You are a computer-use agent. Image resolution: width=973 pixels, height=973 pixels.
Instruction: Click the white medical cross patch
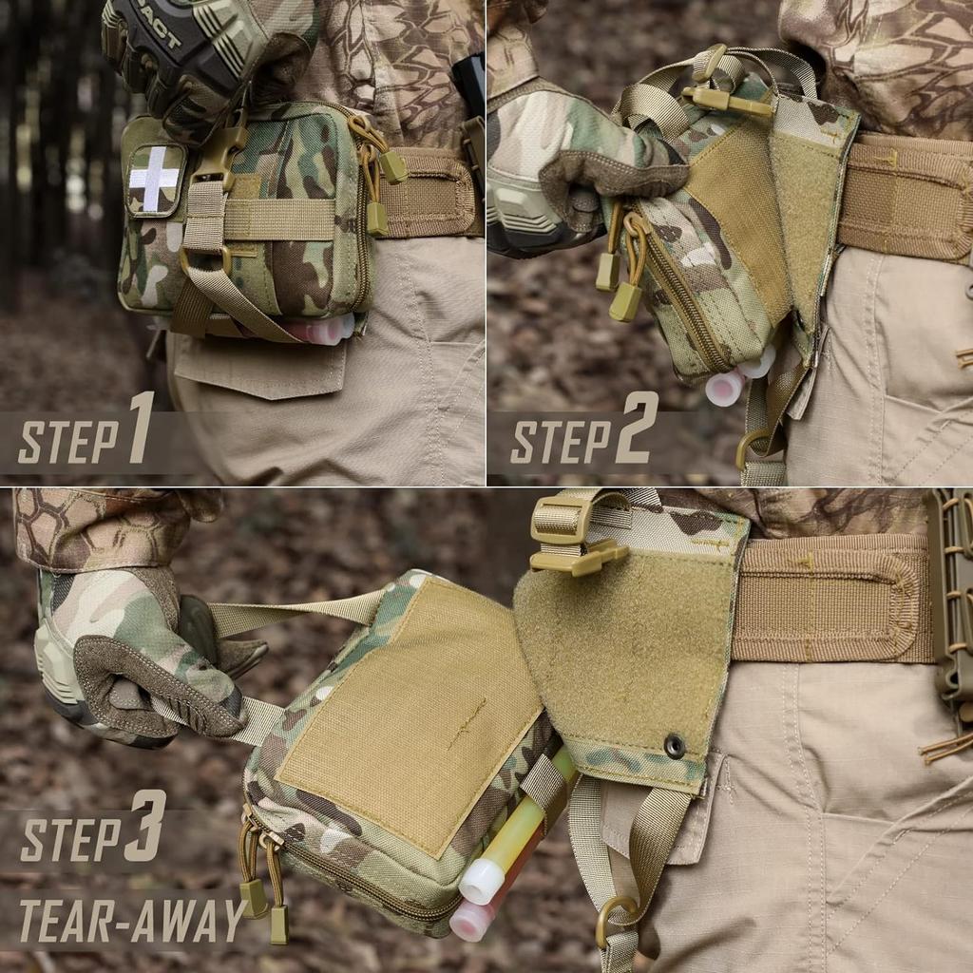(154, 180)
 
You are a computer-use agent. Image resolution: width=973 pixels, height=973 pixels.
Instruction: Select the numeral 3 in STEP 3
(145, 826)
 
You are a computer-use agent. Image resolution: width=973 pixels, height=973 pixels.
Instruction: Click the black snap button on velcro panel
(675, 746)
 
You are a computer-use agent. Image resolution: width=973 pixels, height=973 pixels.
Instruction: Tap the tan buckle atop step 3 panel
(570, 538)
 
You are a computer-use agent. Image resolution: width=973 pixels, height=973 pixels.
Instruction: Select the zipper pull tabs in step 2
(618, 276)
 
